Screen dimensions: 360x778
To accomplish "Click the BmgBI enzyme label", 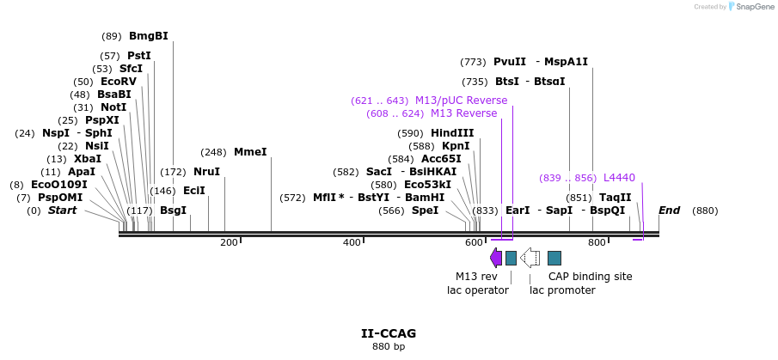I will tap(148, 36).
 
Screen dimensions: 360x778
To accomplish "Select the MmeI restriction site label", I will tap(250, 152).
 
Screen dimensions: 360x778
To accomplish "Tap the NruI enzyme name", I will tap(206, 172).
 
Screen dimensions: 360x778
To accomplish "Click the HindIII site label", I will tap(452, 133).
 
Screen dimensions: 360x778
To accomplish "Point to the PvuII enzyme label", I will tap(510, 62).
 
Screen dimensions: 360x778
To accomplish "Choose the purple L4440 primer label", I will tap(619, 178).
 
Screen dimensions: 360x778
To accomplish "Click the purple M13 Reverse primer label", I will tap(463, 113).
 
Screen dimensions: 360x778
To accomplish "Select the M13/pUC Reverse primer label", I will tap(461, 101).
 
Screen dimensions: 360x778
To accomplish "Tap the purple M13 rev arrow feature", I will tap(496, 258).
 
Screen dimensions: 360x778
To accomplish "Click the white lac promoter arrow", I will tap(531, 258).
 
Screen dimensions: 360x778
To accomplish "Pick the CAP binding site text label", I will tap(591, 277).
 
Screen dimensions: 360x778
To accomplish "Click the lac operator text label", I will tap(477, 290).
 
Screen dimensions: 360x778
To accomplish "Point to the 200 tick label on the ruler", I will tap(229, 243).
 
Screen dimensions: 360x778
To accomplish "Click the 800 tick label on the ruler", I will tap(597, 243).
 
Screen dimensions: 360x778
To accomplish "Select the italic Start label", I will tap(62, 211).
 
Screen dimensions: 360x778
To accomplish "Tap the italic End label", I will tap(669, 211).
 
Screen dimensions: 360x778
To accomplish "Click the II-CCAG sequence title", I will tap(389, 333).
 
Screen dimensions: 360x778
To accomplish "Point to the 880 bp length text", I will tap(389, 347).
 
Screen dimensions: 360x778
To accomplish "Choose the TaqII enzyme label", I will tap(615, 198).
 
